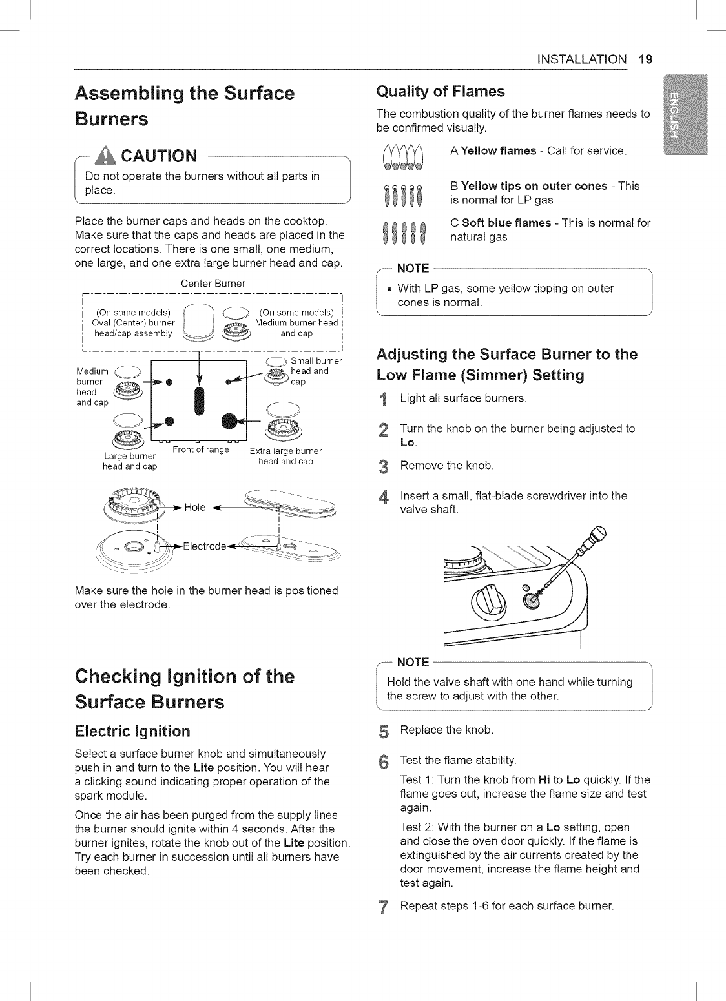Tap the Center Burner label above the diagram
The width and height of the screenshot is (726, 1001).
pyautogui.click(x=213, y=284)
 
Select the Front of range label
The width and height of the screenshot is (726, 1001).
pyautogui.click(x=201, y=449)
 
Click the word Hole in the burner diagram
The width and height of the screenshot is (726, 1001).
pyautogui.click(x=194, y=507)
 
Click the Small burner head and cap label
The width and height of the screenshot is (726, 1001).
pyautogui.click(x=316, y=371)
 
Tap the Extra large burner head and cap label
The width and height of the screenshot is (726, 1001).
pyautogui.click(x=285, y=456)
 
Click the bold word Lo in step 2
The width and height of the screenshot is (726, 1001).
pyautogui.click(x=408, y=443)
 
